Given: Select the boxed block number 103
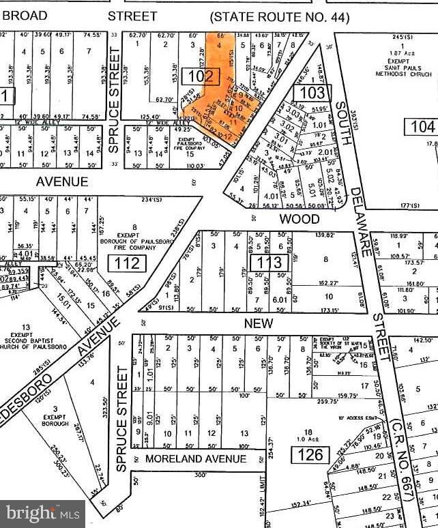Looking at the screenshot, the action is pyautogui.click(x=313, y=91).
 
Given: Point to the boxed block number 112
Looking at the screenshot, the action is pyautogui.click(x=127, y=263).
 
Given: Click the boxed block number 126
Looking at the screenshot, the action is pyautogui.click(x=310, y=453).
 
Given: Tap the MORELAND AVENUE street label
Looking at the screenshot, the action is pyautogui.click(x=196, y=459).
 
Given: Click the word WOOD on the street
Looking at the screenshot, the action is pyautogui.click(x=300, y=219).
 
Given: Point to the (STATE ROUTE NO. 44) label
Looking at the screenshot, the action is pyautogui.click(x=279, y=17).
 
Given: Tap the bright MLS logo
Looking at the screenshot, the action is pyautogui.click(x=42, y=513).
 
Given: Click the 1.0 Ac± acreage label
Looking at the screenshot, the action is pyautogui.click(x=310, y=438).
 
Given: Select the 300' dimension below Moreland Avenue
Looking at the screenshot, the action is pyautogui.click(x=200, y=475).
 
